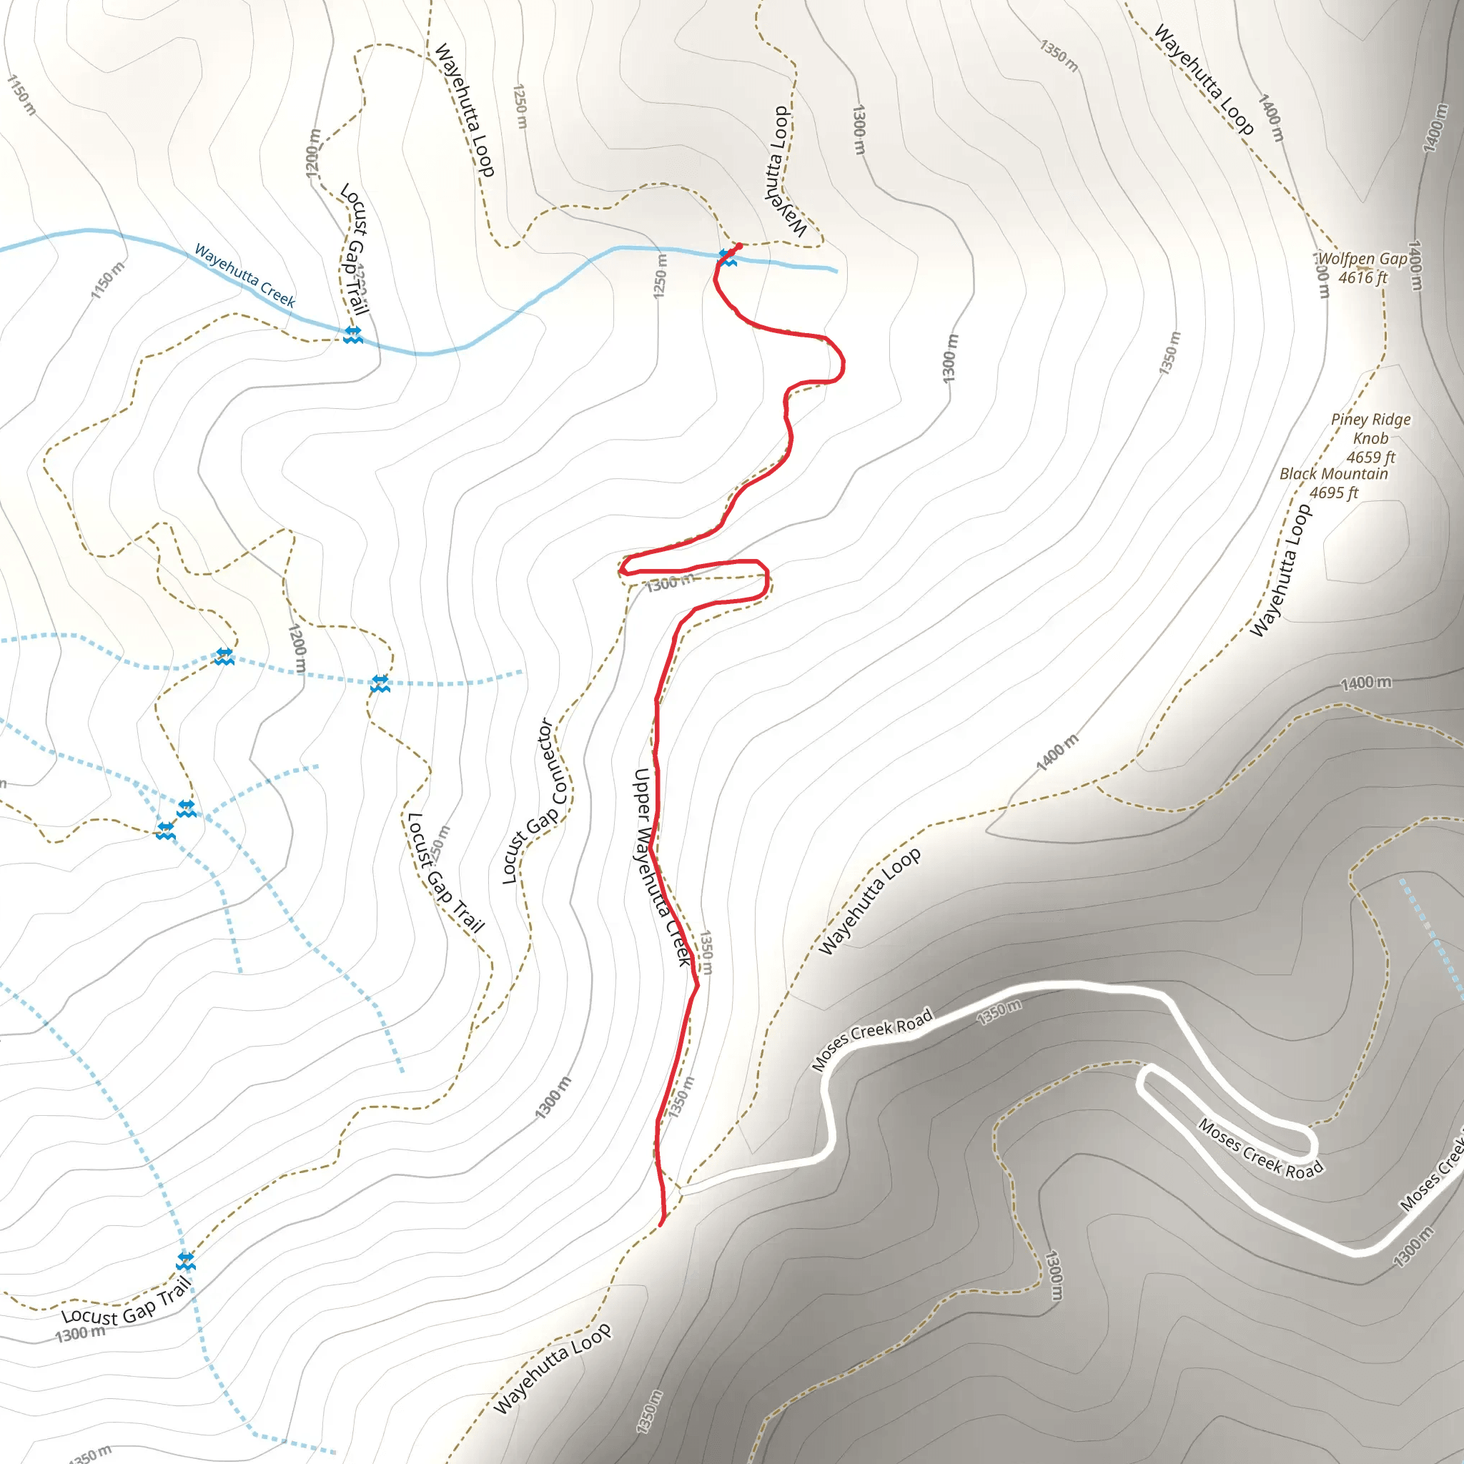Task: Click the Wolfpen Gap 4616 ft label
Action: [x=1362, y=268]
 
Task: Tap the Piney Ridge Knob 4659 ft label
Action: [x=1370, y=438]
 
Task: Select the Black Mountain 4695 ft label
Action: [x=1334, y=483]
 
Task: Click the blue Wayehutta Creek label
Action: [x=244, y=275]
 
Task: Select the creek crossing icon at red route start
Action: [x=727, y=257]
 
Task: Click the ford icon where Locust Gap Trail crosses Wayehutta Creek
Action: [x=352, y=335]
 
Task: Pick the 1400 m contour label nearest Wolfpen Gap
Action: [x=1415, y=265]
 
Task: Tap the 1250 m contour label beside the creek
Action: [x=661, y=276]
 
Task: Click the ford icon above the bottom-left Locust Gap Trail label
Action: [x=186, y=1262]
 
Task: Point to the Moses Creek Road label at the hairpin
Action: [x=1260, y=1148]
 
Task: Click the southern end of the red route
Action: [x=661, y=1223]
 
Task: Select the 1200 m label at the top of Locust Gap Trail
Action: [x=313, y=153]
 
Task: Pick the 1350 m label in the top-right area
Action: [x=1058, y=56]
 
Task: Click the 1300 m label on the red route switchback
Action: [x=669, y=583]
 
